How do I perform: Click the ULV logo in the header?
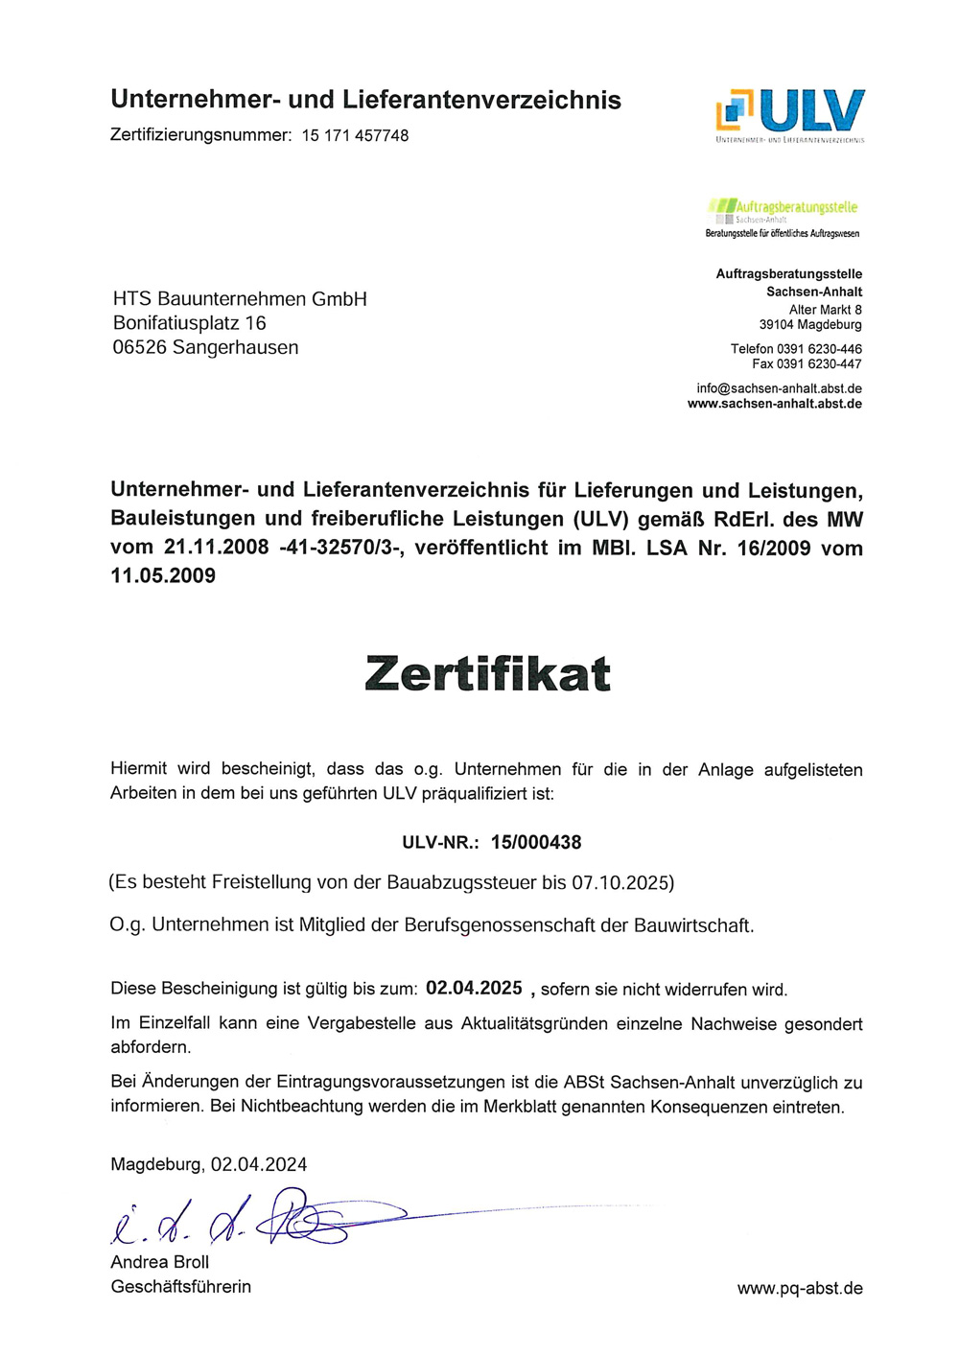(x=790, y=114)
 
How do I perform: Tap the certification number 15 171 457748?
(x=355, y=136)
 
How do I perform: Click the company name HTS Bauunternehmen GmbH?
(x=240, y=299)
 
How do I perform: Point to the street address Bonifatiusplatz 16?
(x=189, y=323)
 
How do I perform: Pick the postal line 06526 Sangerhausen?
(x=205, y=347)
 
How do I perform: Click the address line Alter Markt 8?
(x=825, y=310)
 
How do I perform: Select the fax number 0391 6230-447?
(x=819, y=364)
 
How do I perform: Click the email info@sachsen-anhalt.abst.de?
(x=779, y=388)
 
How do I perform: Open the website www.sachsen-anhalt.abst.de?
(x=774, y=404)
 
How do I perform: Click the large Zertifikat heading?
(x=487, y=673)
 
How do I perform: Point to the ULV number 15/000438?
(x=536, y=843)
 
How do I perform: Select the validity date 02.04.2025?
(x=474, y=989)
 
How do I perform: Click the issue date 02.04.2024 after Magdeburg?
(x=259, y=1164)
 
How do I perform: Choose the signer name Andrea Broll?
(x=159, y=1262)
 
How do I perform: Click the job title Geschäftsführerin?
(x=180, y=1287)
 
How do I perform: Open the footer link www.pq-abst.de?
(x=800, y=1288)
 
